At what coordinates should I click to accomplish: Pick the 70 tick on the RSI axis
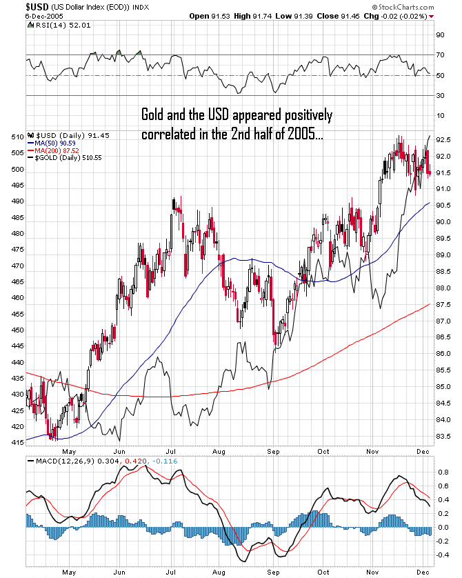439,54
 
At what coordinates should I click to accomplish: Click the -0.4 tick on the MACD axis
443,555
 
